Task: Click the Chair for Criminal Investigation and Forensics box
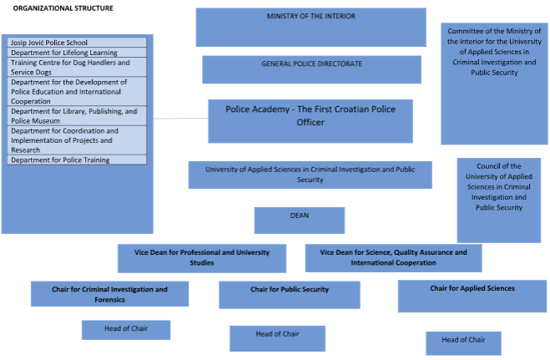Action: pos(109,294)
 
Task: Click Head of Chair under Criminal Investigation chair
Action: pos(126,330)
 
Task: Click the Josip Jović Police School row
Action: pos(77,42)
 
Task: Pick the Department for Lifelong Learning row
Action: pos(77,52)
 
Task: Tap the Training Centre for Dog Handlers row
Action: pos(77,67)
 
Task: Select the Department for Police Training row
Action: pos(77,160)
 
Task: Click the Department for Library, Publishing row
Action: pos(77,116)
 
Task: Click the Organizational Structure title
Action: pos(63,8)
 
